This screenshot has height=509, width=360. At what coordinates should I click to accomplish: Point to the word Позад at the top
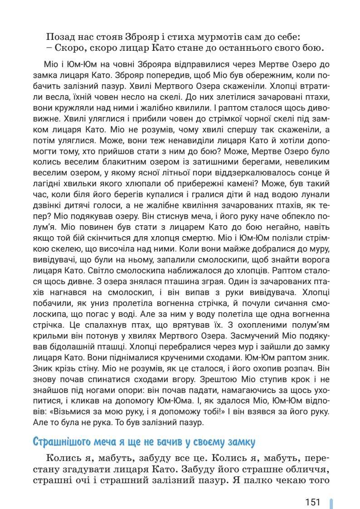pos(61,36)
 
